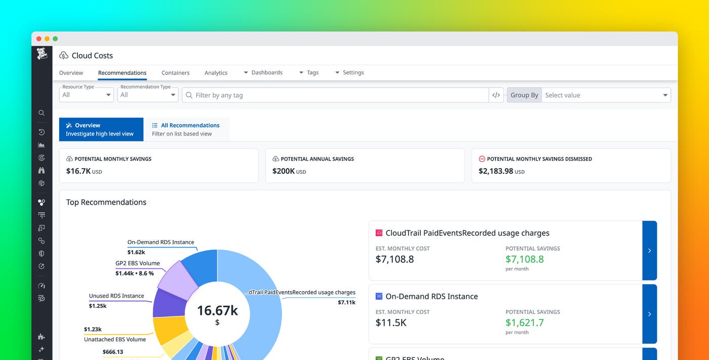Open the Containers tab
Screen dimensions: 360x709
click(175, 73)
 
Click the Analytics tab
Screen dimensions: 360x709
click(216, 73)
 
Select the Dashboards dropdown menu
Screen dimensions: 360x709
click(263, 73)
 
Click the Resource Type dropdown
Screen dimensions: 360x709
click(87, 95)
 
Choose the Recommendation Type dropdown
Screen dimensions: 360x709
click(147, 95)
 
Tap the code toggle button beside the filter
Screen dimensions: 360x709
click(496, 95)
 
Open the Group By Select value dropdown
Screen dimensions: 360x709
click(606, 95)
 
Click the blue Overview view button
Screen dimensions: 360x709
click(94, 129)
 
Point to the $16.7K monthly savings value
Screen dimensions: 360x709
click(78, 171)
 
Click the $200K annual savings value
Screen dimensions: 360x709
click(284, 171)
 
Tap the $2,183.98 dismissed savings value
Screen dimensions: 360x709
click(496, 171)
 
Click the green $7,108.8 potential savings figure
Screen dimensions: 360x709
click(524, 259)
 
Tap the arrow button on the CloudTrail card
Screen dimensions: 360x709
click(649, 251)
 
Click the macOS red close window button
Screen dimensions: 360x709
click(39, 39)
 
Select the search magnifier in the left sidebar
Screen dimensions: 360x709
click(42, 113)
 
